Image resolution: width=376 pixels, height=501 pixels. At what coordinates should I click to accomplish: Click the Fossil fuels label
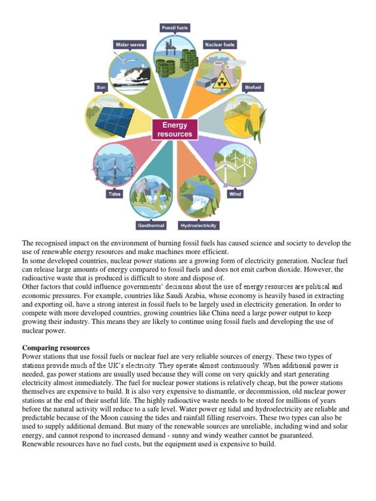click(x=175, y=28)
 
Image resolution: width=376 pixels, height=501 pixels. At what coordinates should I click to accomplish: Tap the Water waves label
click(x=130, y=45)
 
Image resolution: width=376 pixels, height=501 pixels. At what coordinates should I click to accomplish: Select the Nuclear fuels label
click(x=220, y=45)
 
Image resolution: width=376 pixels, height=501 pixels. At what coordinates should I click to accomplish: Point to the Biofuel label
click(x=253, y=87)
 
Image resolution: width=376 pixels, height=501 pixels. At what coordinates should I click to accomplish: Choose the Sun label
click(x=101, y=87)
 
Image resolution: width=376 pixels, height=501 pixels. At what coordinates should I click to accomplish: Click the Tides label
click(x=114, y=194)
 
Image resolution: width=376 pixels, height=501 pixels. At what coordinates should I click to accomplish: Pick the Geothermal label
click(x=150, y=226)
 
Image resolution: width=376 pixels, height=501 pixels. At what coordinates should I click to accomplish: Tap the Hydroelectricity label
click(x=198, y=226)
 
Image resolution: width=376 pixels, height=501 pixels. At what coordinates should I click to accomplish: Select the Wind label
click(x=235, y=194)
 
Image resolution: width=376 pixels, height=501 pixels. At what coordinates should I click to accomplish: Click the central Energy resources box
click(x=175, y=129)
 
